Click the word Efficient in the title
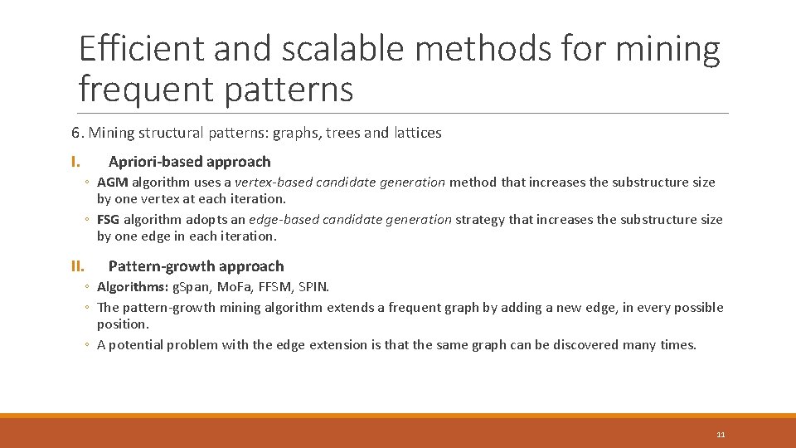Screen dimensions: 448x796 (140, 50)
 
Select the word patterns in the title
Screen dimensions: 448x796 (289, 89)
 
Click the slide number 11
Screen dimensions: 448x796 (720, 435)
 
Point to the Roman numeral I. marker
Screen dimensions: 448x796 (75, 162)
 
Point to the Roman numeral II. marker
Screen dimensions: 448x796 (77, 266)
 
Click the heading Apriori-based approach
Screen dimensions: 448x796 (189, 162)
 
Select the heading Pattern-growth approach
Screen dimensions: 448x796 (196, 266)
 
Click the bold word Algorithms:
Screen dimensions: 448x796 (131, 287)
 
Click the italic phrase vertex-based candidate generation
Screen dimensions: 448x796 (340, 183)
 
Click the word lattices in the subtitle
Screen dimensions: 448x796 (418, 133)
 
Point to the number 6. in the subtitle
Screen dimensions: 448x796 (77, 133)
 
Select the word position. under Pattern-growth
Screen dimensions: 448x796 (123, 324)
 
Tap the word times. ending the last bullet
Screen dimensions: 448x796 (678, 345)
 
